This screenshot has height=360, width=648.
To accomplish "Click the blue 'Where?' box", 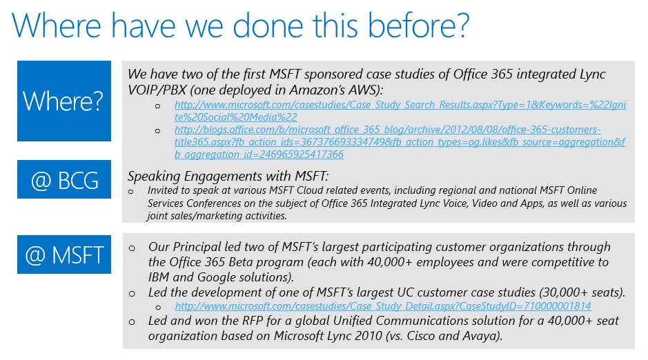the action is tap(64, 101).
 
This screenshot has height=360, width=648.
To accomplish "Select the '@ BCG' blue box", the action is tap(64, 179).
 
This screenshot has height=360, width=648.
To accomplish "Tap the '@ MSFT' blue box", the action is tap(64, 254).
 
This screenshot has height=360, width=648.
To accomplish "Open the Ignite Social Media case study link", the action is tap(400, 111).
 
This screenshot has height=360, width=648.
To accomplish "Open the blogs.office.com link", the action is tap(400, 142).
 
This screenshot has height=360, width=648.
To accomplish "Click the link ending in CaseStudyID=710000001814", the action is tap(383, 306).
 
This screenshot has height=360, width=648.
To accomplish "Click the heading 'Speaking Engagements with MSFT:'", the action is tap(228, 177).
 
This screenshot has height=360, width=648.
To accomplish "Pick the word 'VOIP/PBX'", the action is tap(157, 90).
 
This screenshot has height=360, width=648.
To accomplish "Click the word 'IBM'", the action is tap(159, 277).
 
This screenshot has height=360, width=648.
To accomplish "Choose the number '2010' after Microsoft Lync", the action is tap(369, 336).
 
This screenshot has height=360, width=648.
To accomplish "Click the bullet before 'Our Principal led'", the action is tap(132, 248).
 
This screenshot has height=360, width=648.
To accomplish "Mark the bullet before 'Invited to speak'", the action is tap(131, 192).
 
